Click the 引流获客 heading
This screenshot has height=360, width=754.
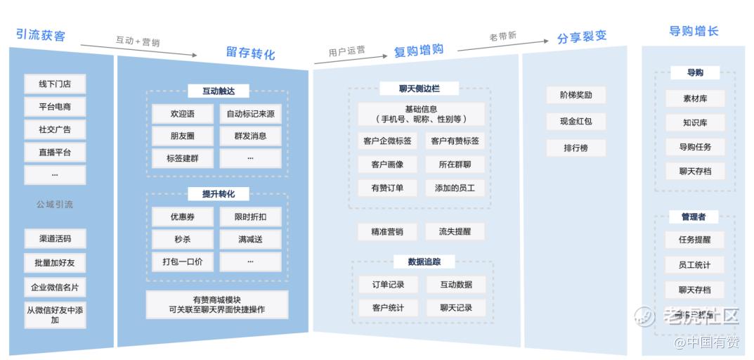[41, 34]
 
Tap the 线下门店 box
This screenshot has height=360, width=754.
[55, 84]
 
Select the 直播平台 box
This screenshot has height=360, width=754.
[55, 152]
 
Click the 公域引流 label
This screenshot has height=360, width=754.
[55, 205]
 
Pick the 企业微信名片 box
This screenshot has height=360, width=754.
[55, 287]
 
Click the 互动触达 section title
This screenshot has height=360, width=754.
[218, 91]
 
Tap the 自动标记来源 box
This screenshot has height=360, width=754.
[250, 114]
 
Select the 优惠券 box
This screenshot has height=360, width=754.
[182, 217]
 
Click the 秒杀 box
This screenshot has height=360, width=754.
[182, 240]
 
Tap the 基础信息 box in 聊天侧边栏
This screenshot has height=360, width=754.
[421, 114]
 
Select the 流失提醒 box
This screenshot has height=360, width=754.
[455, 231]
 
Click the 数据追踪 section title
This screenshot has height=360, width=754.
[424, 262]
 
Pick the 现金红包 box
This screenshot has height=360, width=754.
[576, 121]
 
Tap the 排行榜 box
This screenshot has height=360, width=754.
[576, 148]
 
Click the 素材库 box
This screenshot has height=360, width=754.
[694, 99]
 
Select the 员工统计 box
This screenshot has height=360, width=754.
[694, 265]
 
